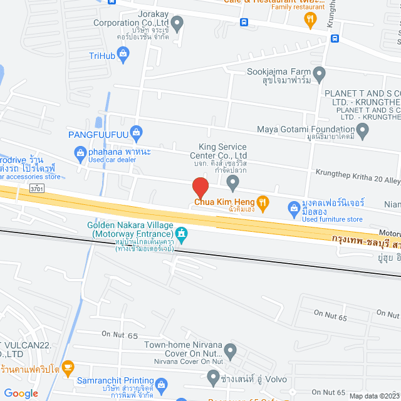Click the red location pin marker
point(200,187)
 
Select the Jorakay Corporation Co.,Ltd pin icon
point(177,25)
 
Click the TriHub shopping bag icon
point(123,55)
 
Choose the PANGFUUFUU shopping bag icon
point(138,132)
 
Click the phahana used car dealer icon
point(80,151)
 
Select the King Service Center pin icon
point(233,183)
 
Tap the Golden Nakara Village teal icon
point(182,234)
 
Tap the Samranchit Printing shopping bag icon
point(161,383)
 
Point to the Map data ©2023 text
point(373,396)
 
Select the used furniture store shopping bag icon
point(293,207)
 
